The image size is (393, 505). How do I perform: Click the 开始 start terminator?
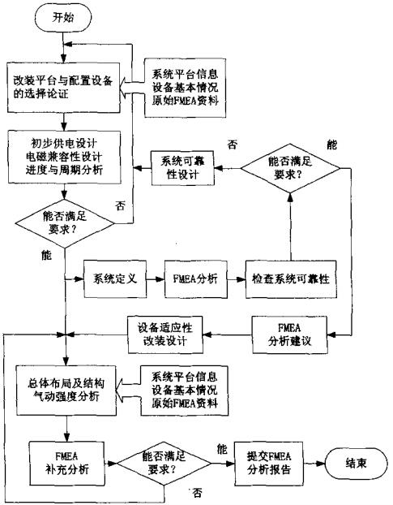point(63,16)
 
